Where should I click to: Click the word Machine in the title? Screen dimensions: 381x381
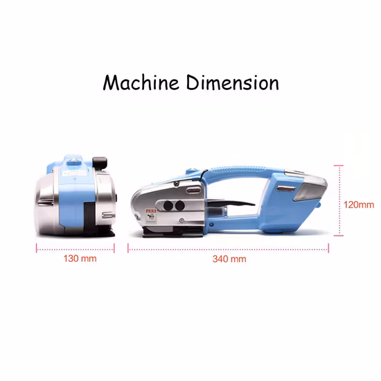[x=141, y=82]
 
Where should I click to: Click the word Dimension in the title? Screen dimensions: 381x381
[x=233, y=82]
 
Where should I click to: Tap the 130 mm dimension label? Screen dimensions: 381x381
[x=80, y=258]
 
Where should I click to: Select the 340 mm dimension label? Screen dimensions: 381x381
[x=229, y=259]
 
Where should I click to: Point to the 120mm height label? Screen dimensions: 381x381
[x=359, y=205]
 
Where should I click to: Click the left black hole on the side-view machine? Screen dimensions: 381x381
[x=168, y=206]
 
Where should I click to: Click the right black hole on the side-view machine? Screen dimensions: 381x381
[x=180, y=206]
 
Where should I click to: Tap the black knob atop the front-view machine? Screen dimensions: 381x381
[x=100, y=163]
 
